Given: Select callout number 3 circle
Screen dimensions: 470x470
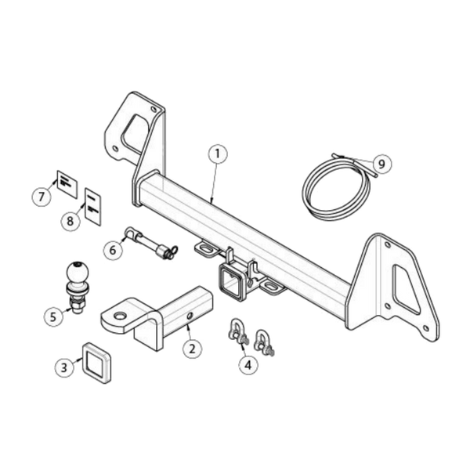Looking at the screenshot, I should click(63, 364).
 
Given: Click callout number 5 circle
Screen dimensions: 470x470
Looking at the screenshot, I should click(54, 317).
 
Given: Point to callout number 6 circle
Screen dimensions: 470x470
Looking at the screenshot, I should click(112, 249).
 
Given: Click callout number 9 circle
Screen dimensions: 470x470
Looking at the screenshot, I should click(380, 163).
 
